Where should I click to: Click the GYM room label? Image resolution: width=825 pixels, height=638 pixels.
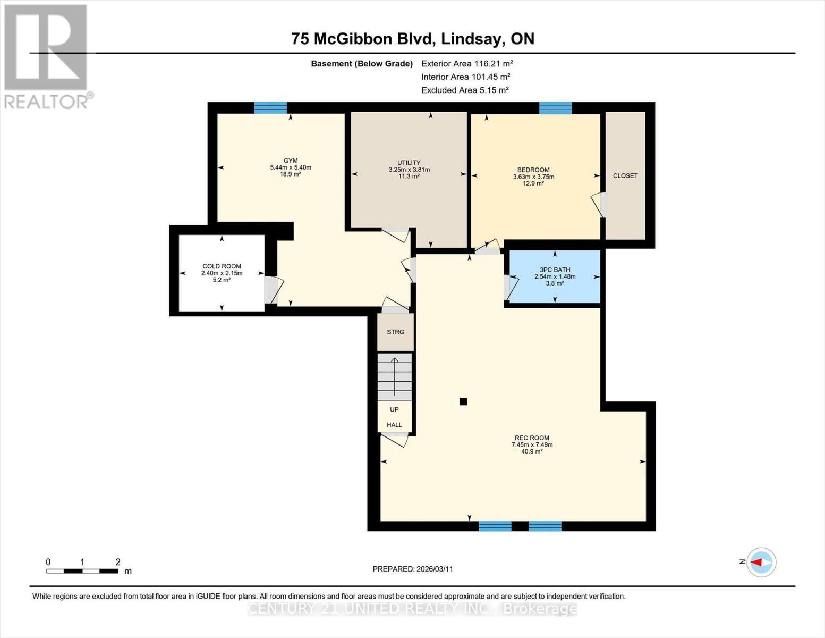tap(291, 161)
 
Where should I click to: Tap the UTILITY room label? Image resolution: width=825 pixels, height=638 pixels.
tap(409, 163)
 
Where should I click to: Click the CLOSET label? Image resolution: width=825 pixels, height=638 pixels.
tap(625, 176)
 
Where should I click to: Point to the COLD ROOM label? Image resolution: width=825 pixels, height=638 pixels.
tap(222, 266)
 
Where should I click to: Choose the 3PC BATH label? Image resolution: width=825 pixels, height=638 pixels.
tap(555, 270)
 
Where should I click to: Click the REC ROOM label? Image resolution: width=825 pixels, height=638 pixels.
tap(532, 438)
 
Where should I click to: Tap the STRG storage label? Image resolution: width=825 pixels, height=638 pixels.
tap(395, 332)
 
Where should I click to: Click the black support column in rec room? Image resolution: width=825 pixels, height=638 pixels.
tap(463, 402)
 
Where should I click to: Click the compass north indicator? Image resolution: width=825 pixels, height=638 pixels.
tap(761, 562)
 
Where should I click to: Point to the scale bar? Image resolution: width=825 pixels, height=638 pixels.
tap(82, 571)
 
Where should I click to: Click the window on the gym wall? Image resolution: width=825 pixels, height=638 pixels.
tap(270, 108)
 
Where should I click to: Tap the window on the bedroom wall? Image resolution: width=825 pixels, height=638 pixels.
tap(555, 108)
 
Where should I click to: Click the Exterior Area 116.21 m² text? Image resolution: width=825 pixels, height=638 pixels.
tap(467, 63)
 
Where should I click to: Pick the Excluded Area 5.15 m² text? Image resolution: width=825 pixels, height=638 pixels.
tap(465, 90)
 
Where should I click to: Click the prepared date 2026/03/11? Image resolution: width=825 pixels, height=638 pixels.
tap(413, 569)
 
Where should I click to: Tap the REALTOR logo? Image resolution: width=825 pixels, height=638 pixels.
tap(46, 56)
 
